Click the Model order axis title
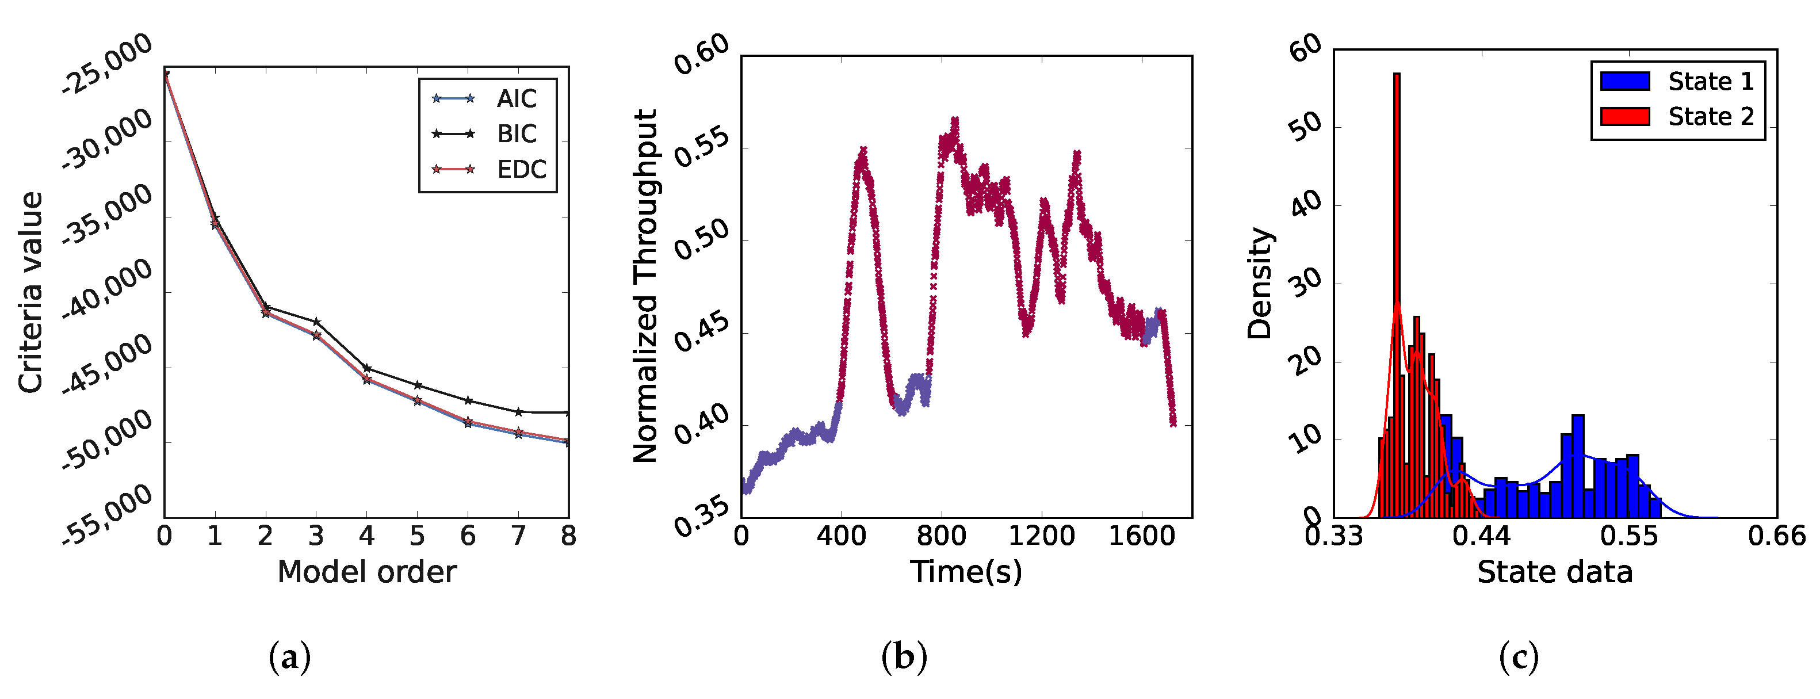pyautogui.click(x=366, y=572)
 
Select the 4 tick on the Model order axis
pyautogui.click(x=366, y=536)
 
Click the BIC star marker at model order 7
pyautogui.click(x=519, y=411)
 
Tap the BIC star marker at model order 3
pyautogui.click(x=316, y=322)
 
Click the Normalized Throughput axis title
pyautogui.click(x=645, y=287)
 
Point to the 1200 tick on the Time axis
pyautogui.click(x=1041, y=536)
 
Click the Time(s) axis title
pyautogui.click(x=966, y=572)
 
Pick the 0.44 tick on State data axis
pyautogui.click(x=1482, y=536)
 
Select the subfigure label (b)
pyautogui.click(x=904, y=658)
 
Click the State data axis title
pyautogui.click(x=1554, y=572)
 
